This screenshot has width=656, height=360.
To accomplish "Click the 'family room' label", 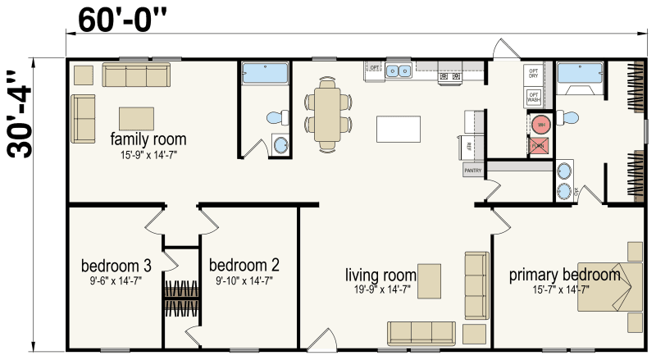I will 148,139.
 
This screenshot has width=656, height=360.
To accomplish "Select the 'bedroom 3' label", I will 116,266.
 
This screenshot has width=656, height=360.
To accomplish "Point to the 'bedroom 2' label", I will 244,266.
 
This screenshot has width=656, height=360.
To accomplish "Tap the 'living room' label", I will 380,274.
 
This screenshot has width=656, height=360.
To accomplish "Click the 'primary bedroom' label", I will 564,274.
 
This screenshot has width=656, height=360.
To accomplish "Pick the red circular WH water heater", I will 539,125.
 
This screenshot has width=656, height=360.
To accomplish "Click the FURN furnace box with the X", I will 538,146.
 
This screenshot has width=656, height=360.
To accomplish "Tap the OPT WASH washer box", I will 534,98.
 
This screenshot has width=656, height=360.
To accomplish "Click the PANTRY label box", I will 473,170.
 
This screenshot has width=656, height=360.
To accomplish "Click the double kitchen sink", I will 399,71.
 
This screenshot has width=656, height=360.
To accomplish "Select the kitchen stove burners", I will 449,77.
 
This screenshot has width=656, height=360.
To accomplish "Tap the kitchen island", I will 399,130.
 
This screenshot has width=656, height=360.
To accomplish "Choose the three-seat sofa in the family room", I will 135,76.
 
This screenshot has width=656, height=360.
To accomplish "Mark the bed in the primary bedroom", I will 610,286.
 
